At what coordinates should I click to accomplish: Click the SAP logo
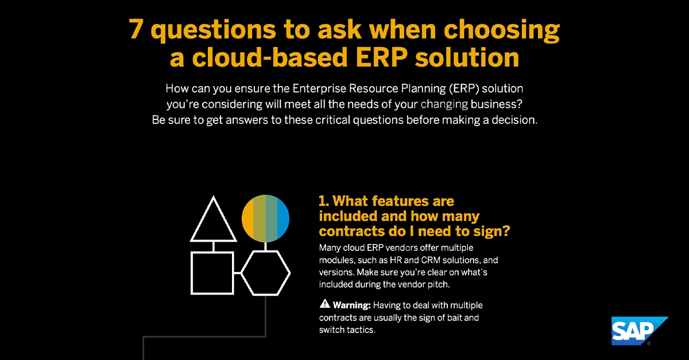pos(639,331)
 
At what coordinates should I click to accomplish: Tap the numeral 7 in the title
pos(136,29)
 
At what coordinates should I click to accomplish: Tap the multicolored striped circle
pos(265,218)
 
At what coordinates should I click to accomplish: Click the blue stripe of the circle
pos(283,218)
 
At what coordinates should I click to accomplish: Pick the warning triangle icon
pos(324,304)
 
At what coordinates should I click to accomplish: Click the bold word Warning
pos(352,305)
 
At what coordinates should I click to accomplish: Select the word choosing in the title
pos(501,30)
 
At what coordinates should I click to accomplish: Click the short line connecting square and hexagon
pos(238,273)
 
